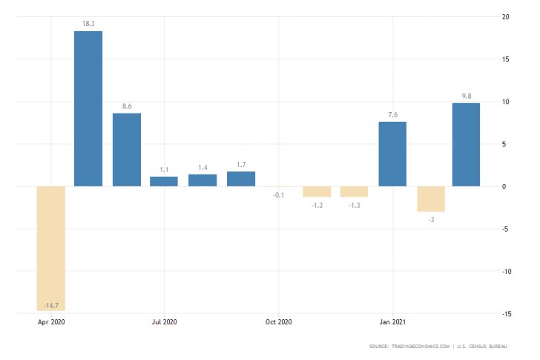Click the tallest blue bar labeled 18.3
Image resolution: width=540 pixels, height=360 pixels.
88,108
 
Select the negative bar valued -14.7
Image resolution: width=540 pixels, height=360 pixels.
52,248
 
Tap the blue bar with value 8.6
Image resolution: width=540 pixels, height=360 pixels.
126,149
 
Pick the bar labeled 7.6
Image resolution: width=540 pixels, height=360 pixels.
392,154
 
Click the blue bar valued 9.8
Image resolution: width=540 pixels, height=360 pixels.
466,144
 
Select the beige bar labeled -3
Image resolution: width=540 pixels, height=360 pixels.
431,199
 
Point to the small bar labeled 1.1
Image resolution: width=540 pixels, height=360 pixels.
164,181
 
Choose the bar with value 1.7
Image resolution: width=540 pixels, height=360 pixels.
241,179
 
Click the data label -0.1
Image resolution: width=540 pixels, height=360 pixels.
278,194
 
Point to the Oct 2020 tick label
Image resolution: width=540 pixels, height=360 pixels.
278,322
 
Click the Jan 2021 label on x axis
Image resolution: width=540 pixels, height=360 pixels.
392,322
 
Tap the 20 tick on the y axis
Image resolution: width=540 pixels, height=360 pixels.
505,16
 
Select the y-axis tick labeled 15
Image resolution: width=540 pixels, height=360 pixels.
505,59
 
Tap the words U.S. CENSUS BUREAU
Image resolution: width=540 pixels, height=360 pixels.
493,347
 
